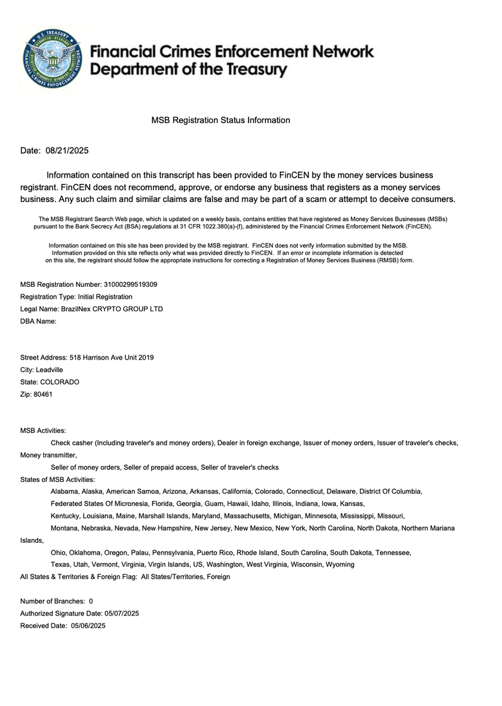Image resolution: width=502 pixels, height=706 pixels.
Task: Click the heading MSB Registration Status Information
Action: [x=221, y=120]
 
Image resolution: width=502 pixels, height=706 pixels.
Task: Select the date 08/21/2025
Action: [x=67, y=151]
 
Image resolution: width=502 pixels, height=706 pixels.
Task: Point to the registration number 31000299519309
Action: [x=131, y=284]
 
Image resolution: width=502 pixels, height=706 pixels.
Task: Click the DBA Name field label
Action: [x=38, y=321]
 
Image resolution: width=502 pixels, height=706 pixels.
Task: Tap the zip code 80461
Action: [x=43, y=394]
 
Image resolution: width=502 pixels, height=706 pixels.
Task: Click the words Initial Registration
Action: [x=105, y=296]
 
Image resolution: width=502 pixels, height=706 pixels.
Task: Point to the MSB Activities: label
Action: [x=43, y=431]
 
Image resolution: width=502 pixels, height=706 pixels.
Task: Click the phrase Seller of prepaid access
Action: [x=161, y=468]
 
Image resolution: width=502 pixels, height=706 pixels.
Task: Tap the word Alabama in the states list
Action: [x=64, y=491]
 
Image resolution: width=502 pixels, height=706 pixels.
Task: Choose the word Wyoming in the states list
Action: [x=339, y=564]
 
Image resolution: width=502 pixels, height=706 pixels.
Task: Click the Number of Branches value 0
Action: [x=91, y=601]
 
